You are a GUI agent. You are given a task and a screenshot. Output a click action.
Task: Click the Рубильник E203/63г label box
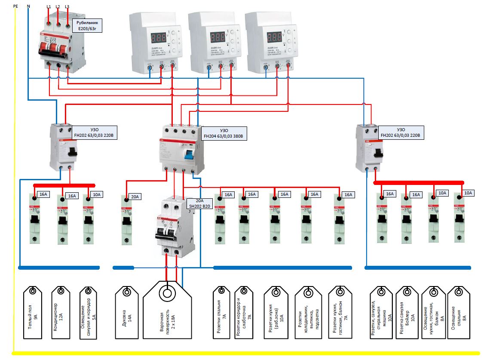click(x=88, y=26)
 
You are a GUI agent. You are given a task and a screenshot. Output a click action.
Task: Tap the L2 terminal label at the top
click(x=58, y=7)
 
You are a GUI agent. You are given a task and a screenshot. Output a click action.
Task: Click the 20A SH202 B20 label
click(x=199, y=203)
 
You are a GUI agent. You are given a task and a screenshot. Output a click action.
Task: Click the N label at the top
click(x=29, y=6)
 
